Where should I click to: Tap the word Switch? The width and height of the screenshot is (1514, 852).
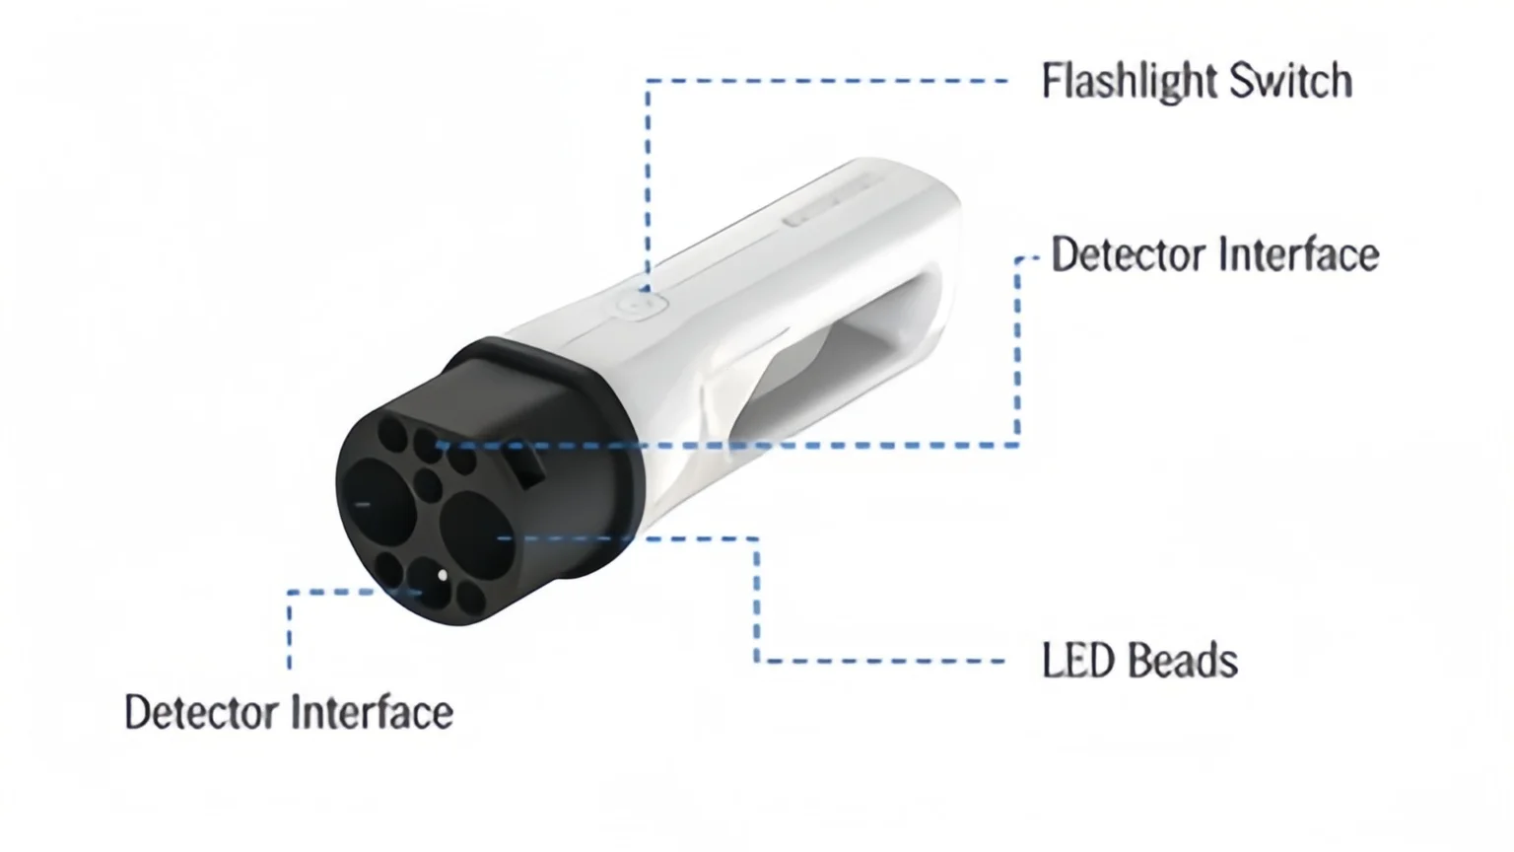click(x=1291, y=81)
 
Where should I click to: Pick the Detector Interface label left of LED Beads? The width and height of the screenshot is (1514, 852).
click(x=289, y=712)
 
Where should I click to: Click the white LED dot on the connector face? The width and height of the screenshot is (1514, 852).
click(x=443, y=576)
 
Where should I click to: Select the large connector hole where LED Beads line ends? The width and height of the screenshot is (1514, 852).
click(x=477, y=534)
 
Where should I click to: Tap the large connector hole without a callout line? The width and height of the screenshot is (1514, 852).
click(x=379, y=500)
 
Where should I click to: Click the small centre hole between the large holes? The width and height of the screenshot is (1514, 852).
click(x=427, y=484)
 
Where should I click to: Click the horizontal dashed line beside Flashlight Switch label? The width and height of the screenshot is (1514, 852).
click(x=827, y=81)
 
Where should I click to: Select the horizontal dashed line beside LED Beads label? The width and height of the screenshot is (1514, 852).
click(x=879, y=661)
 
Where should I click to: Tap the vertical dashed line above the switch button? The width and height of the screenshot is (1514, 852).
click(x=649, y=186)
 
